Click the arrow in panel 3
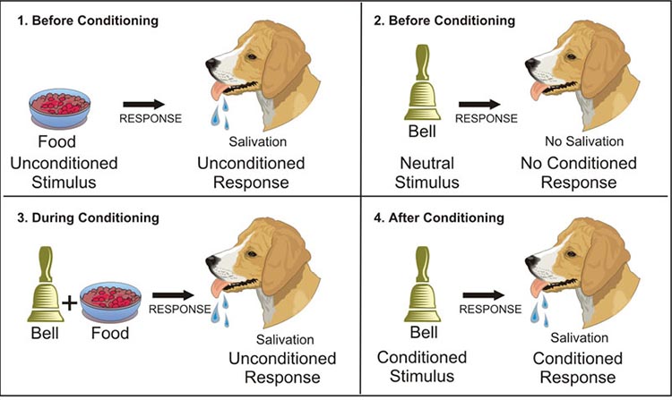pyautogui.click(x=173, y=293)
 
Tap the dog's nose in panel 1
pyautogui.click(x=210, y=64)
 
